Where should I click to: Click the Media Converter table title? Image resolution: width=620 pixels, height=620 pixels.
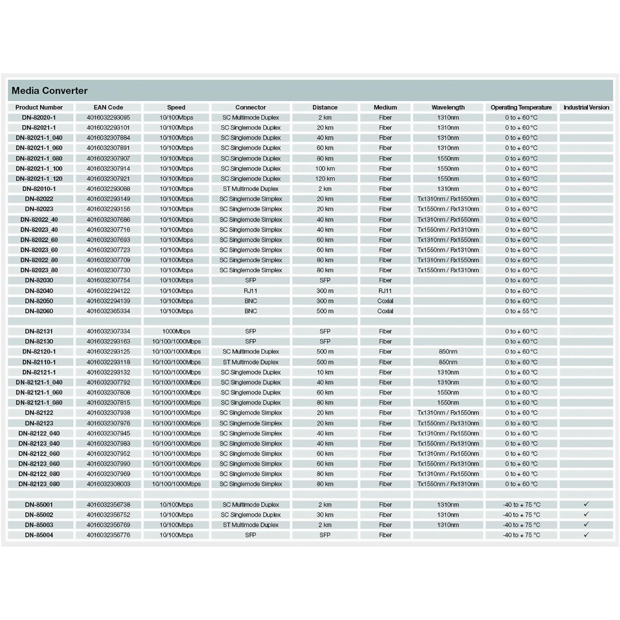tap(49, 91)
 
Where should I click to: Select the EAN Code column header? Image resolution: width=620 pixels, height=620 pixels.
tap(108, 107)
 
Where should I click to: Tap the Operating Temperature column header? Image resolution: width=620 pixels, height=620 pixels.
tap(521, 107)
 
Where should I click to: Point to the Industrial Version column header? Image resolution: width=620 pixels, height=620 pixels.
tap(586, 107)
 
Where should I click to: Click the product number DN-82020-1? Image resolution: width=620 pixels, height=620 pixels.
tap(39, 118)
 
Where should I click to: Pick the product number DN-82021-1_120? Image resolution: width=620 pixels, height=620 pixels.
tap(39, 179)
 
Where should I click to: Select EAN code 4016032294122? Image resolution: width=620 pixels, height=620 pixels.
tap(108, 291)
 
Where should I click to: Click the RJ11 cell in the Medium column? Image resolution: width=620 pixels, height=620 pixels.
tap(385, 291)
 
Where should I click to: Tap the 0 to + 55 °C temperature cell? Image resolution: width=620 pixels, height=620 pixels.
tap(521, 311)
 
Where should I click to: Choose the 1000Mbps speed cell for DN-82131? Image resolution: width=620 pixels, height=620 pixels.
tap(176, 331)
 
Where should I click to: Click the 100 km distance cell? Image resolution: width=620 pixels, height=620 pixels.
tap(325, 168)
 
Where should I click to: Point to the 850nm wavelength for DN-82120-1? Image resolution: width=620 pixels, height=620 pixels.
tap(448, 351)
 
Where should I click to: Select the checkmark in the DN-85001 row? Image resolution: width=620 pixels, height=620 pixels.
tap(586, 504)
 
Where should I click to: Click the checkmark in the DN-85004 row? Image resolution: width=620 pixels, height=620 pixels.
tap(586, 534)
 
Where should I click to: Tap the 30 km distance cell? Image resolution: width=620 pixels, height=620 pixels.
tap(325, 514)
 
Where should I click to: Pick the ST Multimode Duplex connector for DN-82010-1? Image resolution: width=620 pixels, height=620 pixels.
tap(250, 189)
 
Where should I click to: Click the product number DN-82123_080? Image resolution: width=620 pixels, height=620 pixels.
tap(39, 484)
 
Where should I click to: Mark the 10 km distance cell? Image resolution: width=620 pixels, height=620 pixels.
tap(325, 372)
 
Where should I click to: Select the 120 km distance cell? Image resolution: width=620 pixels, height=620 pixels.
tap(325, 179)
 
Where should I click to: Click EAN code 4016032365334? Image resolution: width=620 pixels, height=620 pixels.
tap(108, 311)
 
